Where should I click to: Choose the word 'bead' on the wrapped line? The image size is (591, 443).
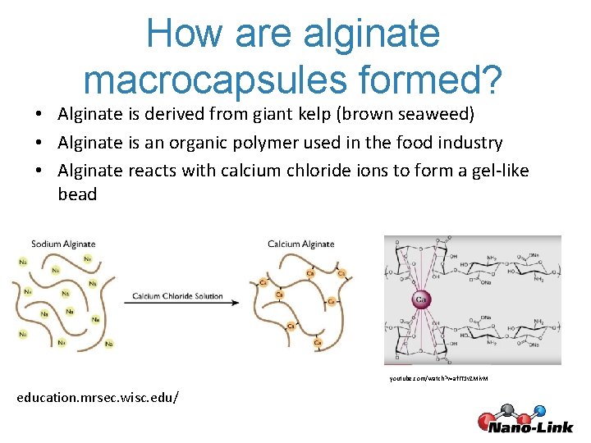77,194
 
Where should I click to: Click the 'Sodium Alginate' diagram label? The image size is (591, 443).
63,244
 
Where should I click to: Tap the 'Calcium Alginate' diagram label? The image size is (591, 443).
300,244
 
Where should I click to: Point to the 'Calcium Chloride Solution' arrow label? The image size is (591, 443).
177,296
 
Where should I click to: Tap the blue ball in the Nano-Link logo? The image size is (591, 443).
539,410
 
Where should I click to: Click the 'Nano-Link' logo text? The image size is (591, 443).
531,426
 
